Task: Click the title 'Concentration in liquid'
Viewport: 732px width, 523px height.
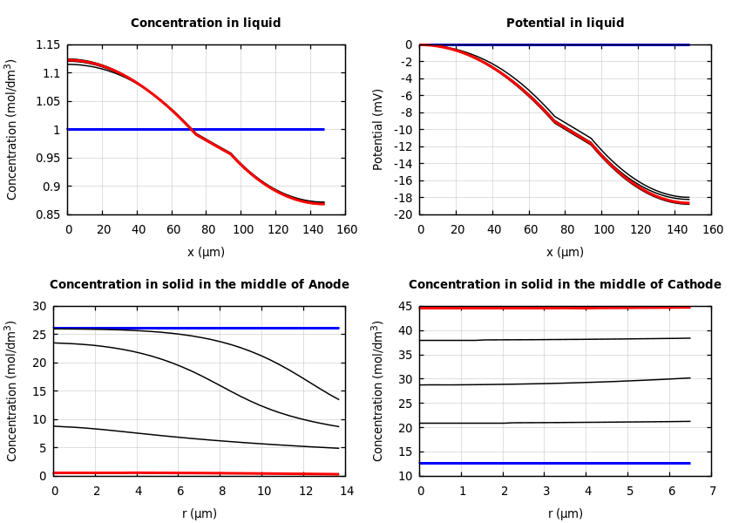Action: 206,24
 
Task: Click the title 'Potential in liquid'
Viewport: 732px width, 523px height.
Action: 565,24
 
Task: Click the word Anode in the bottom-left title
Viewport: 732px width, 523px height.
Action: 329,285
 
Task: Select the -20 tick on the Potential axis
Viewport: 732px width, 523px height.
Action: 402,214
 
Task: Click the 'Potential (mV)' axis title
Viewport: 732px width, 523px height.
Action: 378,129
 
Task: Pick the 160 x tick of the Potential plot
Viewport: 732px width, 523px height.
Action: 712,229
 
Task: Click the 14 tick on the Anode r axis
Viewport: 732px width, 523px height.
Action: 347,491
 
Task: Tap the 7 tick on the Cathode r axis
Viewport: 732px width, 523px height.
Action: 712,491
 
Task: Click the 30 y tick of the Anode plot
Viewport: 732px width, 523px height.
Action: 38,306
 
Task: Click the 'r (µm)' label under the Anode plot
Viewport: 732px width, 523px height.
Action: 199,513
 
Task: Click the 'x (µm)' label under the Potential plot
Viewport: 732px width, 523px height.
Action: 565,252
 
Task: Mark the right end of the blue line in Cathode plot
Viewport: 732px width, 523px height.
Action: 690,463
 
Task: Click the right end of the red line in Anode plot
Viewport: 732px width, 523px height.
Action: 338,474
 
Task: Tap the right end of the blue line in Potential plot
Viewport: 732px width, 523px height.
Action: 688,44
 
